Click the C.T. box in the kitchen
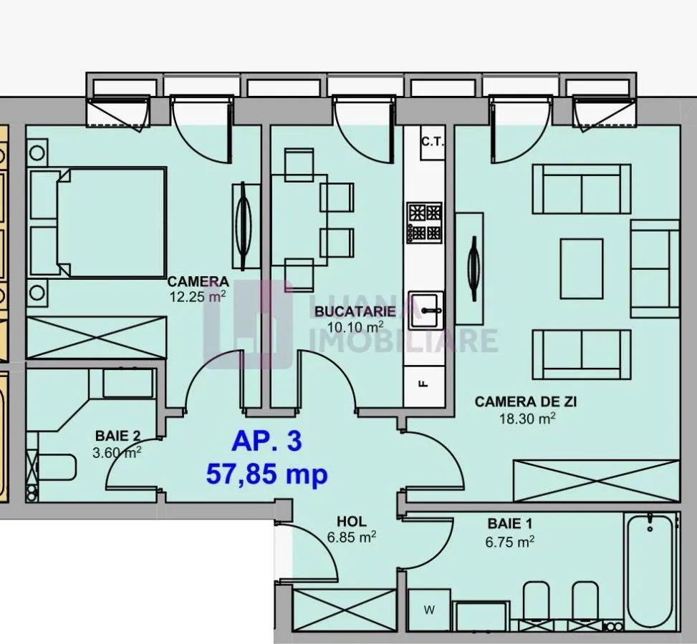[433, 142]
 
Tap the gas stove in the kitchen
[425, 223]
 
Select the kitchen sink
[426, 310]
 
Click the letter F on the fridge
[424, 384]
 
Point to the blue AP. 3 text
[266, 442]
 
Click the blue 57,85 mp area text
[266, 474]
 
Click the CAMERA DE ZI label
[526, 401]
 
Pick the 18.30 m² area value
[528, 418]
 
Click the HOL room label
[352, 522]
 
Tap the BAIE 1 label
[510, 524]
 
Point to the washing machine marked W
[429, 610]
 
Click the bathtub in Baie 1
[651, 572]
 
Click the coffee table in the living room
[582, 269]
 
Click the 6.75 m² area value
[510, 542]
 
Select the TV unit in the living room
[469, 269]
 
